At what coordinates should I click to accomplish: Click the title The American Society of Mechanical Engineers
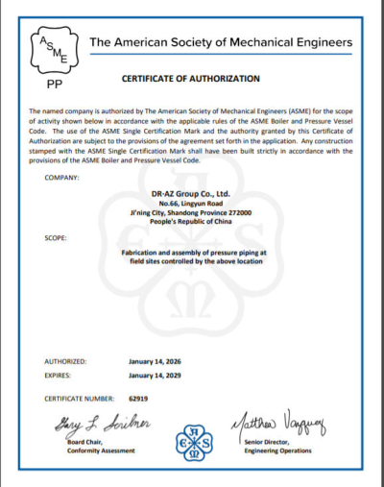click(x=220, y=43)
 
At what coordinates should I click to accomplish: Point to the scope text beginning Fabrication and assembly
click(x=192, y=253)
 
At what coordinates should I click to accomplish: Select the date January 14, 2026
click(x=155, y=361)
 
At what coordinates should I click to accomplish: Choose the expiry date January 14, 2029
click(x=155, y=376)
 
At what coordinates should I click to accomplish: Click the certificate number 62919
click(x=135, y=396)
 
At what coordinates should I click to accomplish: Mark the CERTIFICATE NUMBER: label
click(x=81, y=396)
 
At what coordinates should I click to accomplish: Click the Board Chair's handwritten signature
click(x=91, y=426)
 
